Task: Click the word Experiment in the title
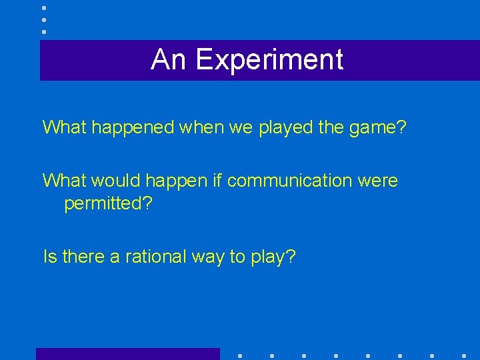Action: (x=269, y=60)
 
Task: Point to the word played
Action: (x=275, y=127)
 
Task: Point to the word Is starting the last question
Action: (x=49, y=256)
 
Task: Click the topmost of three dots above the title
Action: (x=44, y=7)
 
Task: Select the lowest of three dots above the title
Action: (x=44, y=31)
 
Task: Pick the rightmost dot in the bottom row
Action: (x=463, y=355)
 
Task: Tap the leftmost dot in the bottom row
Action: (x=239, y=355)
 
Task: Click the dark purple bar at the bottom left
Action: (x=127, y=354)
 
